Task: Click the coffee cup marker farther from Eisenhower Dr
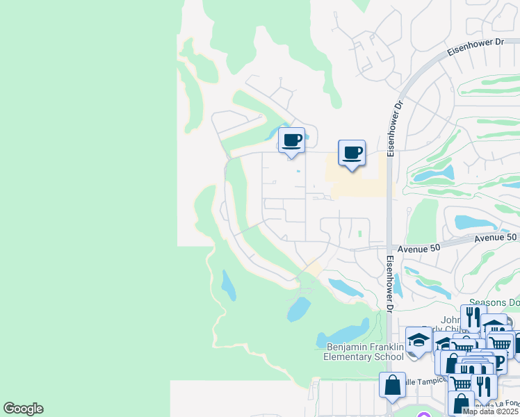point(292,139)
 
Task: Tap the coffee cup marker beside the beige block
point(352,152)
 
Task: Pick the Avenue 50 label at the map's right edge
point(496,238)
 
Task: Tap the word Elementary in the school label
point(348,357)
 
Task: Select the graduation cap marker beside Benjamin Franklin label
point(418,340)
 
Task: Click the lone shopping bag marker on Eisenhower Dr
point(392,385)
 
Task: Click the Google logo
point(23,409)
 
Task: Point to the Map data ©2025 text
point(491,411)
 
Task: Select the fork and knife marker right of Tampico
point(482,385)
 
